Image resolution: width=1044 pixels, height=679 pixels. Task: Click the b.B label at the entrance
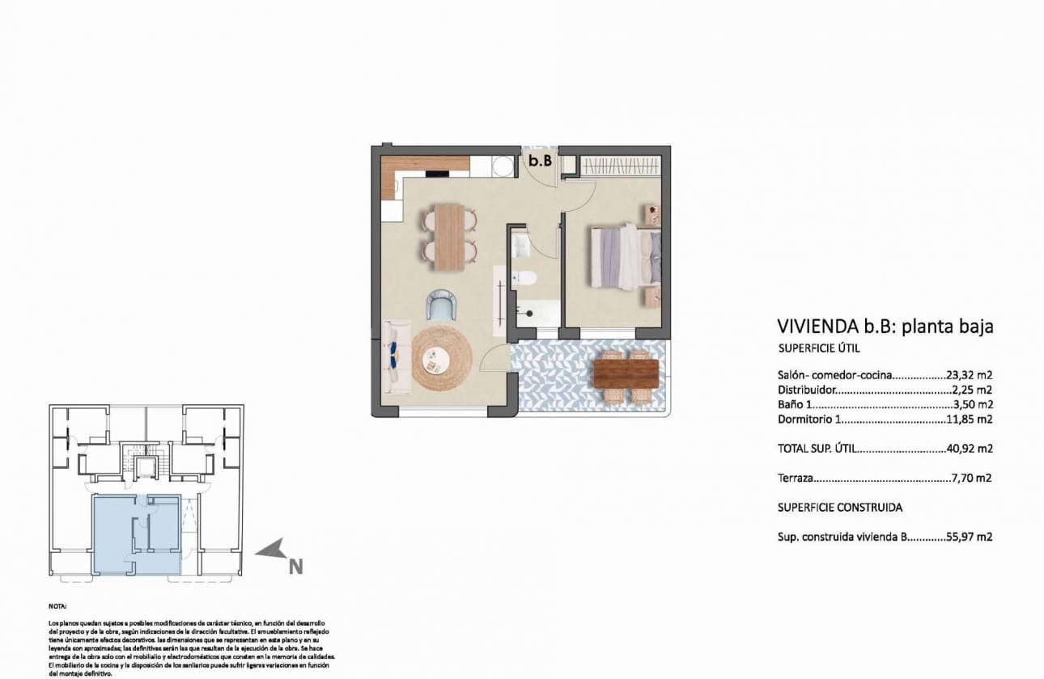click(x=540, y=161)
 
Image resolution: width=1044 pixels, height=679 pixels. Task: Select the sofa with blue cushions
click(x=396, y=356)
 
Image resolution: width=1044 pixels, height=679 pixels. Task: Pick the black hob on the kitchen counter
click(x=438, y=173)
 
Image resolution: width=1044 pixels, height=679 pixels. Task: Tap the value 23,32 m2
click(x=970, y=375)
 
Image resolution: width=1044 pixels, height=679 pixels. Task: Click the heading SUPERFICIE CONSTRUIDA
click(x=839, y=508)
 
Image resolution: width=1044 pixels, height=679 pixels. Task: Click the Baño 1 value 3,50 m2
click(x=973, y=404)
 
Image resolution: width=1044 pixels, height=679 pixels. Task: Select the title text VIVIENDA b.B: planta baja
click(x=885, y=327)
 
